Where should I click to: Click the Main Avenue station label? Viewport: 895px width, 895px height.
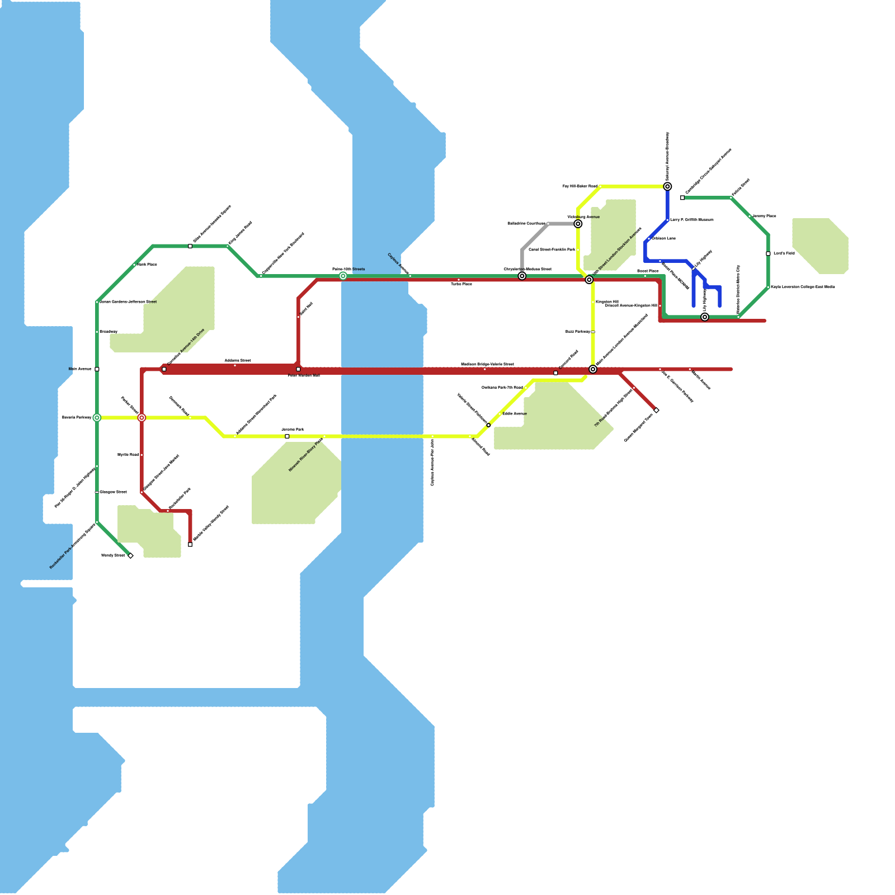point(79,369)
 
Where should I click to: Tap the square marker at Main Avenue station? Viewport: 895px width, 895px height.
point(97,369)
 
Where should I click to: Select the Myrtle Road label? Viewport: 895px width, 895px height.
point(128,455)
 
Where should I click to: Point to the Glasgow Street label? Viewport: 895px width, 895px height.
point(113,492)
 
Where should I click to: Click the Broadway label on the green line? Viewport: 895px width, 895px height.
point(109,332)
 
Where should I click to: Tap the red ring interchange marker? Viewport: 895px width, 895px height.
point(142,418)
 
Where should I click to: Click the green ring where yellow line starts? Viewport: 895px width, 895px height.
point(97,418)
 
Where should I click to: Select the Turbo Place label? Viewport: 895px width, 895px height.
point(461,284)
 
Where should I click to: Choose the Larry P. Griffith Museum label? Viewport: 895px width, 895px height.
point(692,220)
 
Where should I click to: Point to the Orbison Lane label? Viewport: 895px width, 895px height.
point(663,238)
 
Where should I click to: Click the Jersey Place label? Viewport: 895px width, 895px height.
point(764,216)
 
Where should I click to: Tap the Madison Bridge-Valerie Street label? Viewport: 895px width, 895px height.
point(487,364)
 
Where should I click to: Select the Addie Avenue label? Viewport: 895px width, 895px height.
point(514,413)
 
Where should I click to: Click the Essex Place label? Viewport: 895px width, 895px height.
point(648,271)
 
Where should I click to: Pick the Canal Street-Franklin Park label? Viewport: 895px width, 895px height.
point(552,249)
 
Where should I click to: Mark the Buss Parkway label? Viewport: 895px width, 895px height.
point(577,332)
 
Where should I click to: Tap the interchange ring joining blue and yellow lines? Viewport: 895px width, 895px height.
point(667,186)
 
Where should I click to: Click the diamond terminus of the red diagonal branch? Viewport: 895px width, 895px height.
point(656,411)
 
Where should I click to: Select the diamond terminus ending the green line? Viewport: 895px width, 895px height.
point(130,555)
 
